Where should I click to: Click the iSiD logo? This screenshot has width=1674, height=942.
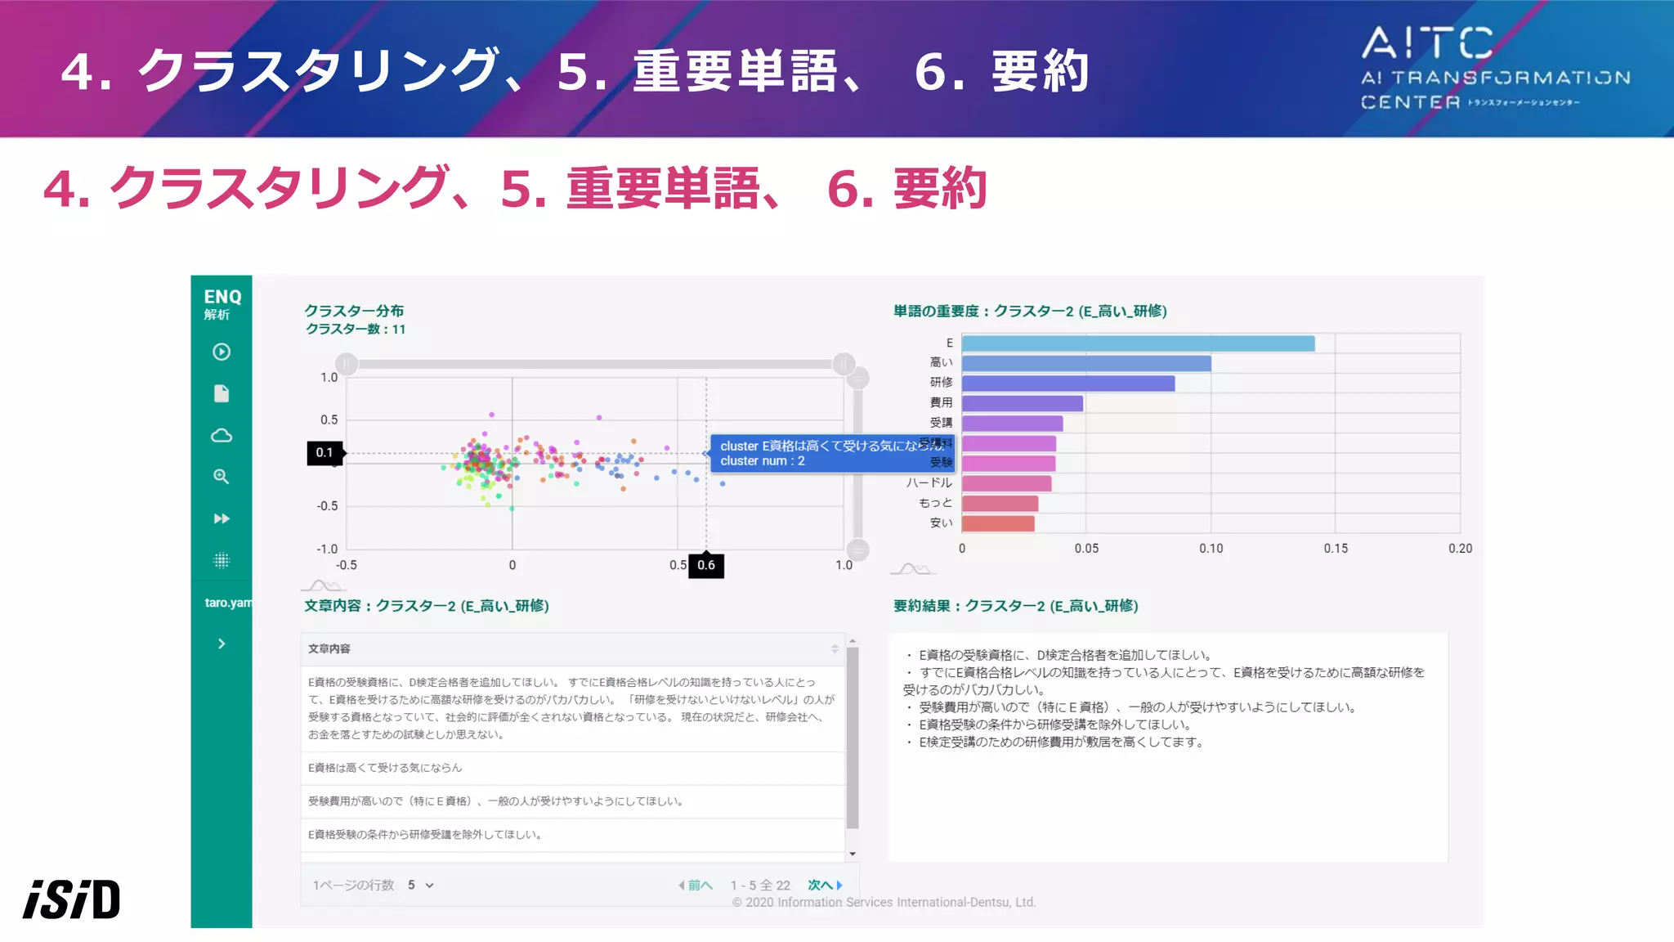coord(72,899)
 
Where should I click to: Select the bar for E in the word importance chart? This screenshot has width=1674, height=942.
coord(1138,343)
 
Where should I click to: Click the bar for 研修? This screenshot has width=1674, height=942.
coord(1068,384)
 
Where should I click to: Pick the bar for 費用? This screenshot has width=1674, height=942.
coord(1022,403)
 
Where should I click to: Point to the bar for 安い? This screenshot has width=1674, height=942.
coord(998,523)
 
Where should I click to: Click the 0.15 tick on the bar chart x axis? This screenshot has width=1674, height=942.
coord(1336,549)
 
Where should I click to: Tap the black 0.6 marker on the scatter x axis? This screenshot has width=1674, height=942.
coord(706,565)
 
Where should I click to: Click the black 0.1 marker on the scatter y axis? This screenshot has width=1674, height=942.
coord(325,453)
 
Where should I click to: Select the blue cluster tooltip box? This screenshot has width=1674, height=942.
coord(832,454)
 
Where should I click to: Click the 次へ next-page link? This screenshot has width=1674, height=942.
coord(824,885)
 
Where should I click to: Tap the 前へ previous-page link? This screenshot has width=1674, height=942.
coord(696,885)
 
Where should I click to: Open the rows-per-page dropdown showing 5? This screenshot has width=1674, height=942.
coord(420,885)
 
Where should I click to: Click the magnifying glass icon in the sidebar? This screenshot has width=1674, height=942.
coord(222,477)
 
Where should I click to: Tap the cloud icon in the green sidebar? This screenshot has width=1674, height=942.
coord(222,435)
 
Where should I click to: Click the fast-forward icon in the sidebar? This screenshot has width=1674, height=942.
coord(222,518)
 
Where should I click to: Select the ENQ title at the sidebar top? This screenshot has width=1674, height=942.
coord(222,297)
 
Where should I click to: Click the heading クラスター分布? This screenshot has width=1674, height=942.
coord(354,311)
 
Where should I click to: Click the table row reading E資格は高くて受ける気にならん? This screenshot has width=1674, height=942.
coord(572,768)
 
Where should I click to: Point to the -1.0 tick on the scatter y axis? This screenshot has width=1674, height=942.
coord(327,549)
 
